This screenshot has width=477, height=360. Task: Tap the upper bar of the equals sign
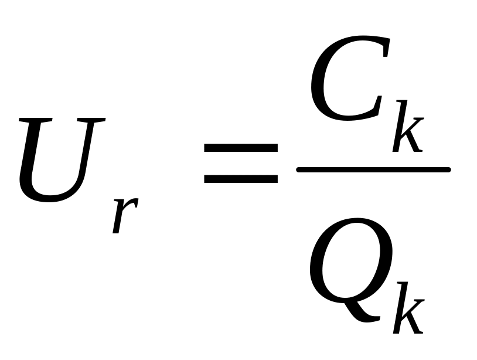[240, 150]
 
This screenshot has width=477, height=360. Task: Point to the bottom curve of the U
[47, 199]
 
